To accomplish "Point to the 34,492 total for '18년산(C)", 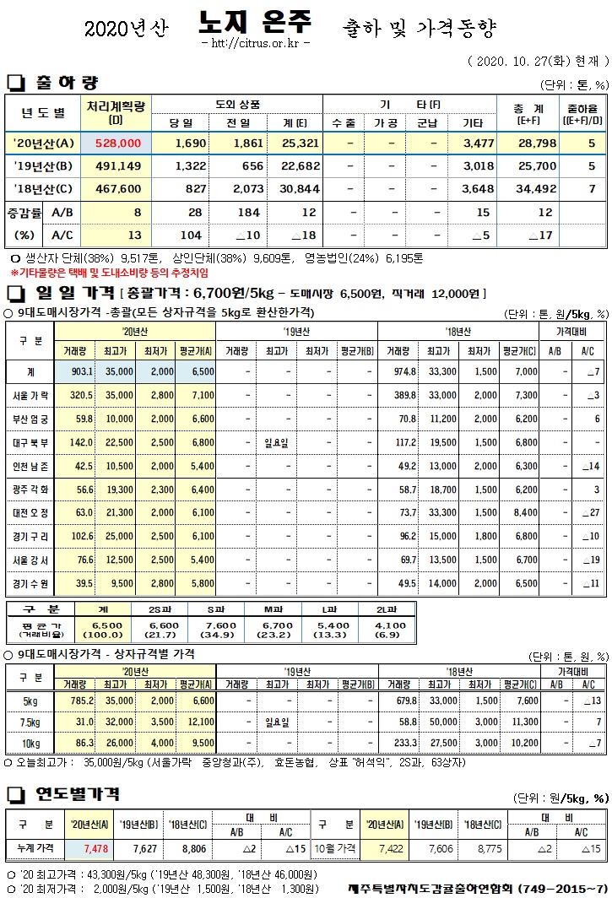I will (534, 189).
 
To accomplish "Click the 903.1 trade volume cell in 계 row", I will (77, 372).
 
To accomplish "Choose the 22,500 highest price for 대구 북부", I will (116, 442).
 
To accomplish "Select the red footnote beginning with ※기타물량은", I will (109, 273).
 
